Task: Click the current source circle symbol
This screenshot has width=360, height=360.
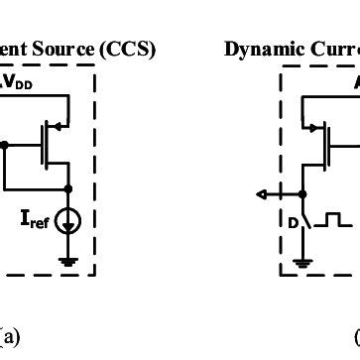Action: pyautogui.click(x=69, y=220)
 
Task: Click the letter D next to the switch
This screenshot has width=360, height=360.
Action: pyautogui.click(x=292, y=222)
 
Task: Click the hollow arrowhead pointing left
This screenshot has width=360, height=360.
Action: pyautogui.click(x=259, y=193)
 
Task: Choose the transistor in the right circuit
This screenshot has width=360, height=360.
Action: pyautogui.click(x=323, y=143)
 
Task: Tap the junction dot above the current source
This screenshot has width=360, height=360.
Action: pyautogui.click(x=69, y=187)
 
